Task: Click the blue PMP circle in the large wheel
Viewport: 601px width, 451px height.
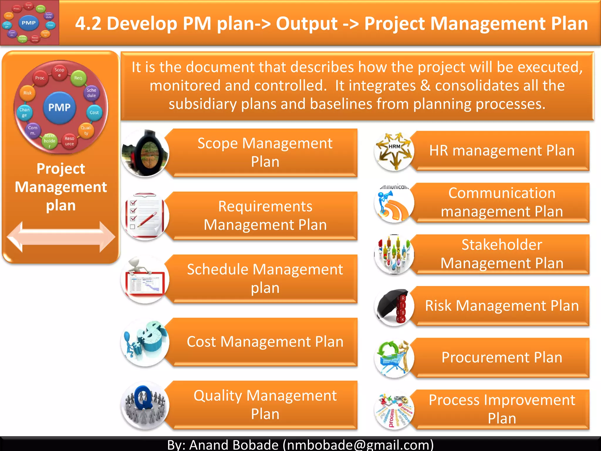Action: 60,107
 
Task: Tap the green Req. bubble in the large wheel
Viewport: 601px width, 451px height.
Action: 78,78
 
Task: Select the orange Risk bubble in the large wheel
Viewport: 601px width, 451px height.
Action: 28,93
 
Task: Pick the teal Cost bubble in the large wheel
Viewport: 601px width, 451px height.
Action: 94,112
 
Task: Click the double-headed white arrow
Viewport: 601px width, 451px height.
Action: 61,236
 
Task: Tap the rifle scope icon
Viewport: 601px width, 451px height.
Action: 146,153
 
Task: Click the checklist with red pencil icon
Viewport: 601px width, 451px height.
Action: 145,216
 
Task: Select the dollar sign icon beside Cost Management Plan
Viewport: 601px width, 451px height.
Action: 146,342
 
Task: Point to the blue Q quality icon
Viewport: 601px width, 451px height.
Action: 145,405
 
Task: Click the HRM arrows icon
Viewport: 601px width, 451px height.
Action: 394,151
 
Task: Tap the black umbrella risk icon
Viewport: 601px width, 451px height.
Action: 394,306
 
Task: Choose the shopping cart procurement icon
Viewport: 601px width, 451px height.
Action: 394,358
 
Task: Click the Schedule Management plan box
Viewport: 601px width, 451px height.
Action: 265,278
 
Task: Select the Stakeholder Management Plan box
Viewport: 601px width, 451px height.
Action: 502,254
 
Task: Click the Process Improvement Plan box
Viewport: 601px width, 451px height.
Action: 502,409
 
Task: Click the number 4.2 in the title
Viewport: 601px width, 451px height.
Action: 88,23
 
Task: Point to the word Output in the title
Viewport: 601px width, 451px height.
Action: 307,23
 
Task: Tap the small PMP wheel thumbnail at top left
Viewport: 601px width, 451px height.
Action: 29,23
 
